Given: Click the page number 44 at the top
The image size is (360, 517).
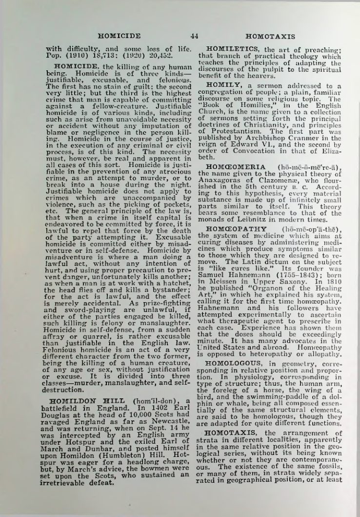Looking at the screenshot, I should pyautogui.click(x=194, y=35).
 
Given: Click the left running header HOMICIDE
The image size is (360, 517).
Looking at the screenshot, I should pyautogui.click(x=119, y=35).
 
